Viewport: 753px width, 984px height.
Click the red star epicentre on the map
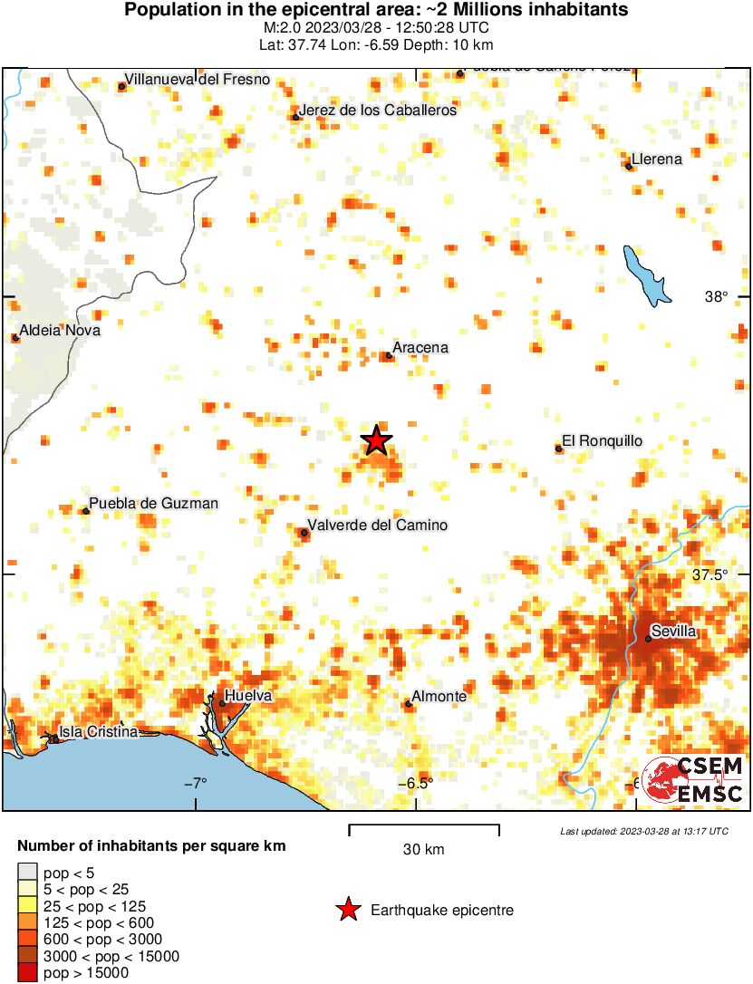tap(376, 440)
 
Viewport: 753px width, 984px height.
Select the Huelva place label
tap(247, 695)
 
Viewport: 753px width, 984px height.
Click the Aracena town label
tap(420, 347)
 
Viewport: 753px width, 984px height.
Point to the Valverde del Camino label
tap(378, 526)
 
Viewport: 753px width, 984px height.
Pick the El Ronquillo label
tap(602, 441)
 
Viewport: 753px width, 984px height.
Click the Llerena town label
tap(657, 159)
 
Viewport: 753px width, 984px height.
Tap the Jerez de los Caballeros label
tap(378, 111)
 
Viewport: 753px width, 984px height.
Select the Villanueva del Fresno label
tap(198, 80)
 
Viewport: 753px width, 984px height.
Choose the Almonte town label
tap(439, 697)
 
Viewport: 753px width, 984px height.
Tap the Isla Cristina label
tap(98, 731)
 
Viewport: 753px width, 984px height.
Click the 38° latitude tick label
tap(716, 297)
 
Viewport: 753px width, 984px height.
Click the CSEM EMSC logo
tap(693, 779)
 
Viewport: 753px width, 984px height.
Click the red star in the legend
tap(347, 910)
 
